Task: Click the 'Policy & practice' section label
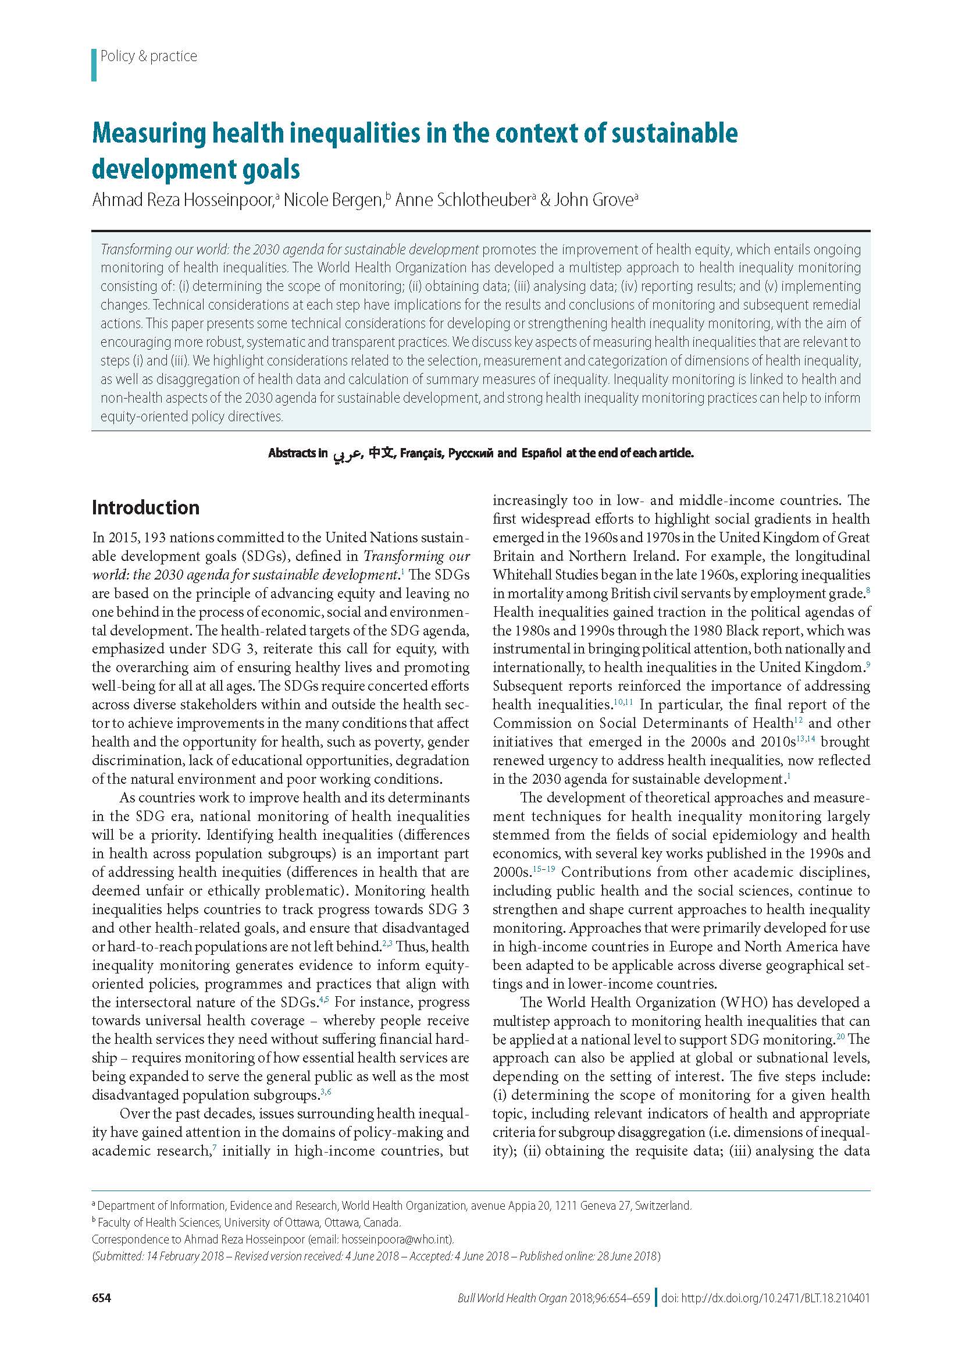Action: click(x=148, y=56)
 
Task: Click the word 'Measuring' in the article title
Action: click(x=148, y=134)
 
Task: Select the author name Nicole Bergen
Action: click(x=332, y=200)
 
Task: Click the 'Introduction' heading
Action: click(x=145, y=507)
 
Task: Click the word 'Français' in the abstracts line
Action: click(x=421, y=453)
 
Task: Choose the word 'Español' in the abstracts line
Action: click(x=541, y=453)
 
